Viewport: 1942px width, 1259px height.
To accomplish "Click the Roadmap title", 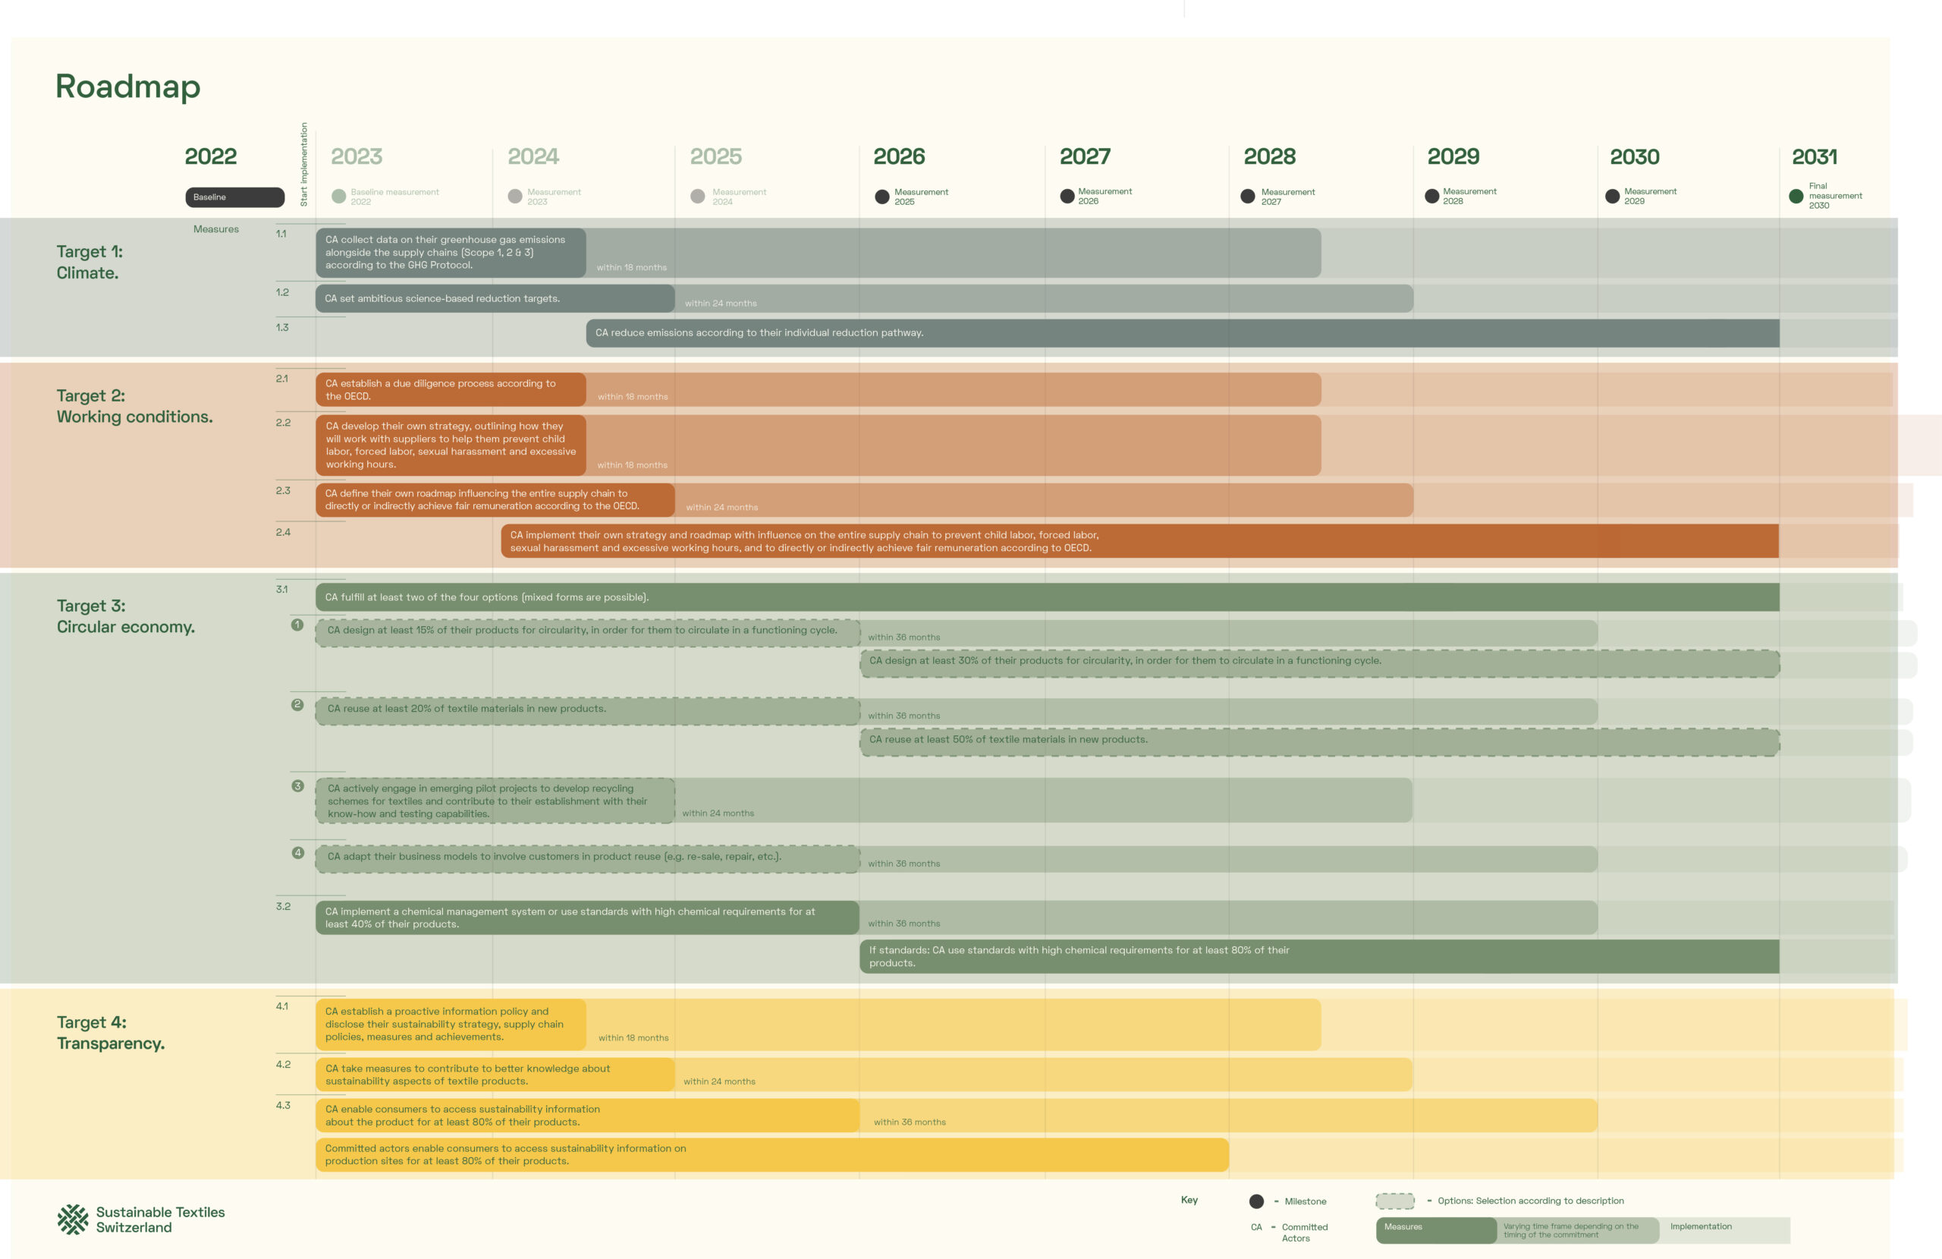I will (128, 87).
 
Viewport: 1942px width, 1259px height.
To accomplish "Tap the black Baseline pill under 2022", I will (234, 197).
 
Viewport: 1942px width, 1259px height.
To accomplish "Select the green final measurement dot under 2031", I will (1795, 196).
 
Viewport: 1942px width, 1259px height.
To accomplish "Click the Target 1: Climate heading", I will (89, 262).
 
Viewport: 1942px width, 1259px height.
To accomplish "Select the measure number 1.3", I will (282, 327).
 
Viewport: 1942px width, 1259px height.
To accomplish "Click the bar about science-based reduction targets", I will (495, 299).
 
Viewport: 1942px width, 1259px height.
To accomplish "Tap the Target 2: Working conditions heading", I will (134, 406).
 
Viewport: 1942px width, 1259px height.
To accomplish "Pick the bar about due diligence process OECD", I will (451, 389).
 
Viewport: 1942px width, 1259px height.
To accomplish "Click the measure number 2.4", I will (283, 532).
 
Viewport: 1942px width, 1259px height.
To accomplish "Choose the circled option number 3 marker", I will (298, 785).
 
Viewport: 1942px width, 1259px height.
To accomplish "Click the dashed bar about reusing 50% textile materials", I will (1318, 741).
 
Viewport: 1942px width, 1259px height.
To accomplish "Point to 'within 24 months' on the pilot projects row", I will (718, 814).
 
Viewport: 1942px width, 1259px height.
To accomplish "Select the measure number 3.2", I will (283, 906).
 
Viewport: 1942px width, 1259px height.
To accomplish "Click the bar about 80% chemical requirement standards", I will (1318, 956).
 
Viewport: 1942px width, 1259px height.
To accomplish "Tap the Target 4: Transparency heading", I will (110, 1032).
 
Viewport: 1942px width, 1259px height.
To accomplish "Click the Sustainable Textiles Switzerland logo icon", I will (73, 1219).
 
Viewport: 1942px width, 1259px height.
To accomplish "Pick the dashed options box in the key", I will (1394, 1201).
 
